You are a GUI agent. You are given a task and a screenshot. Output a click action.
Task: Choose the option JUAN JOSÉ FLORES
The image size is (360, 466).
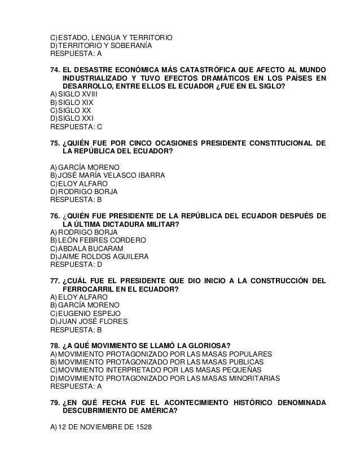93,322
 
